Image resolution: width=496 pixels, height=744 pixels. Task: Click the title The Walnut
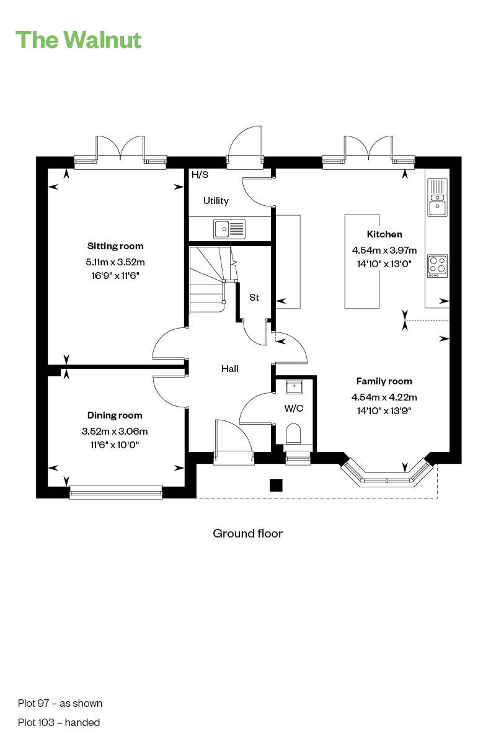point(79,40)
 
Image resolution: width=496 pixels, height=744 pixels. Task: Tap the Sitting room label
point(115,246)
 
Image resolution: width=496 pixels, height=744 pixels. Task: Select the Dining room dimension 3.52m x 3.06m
point(115,432)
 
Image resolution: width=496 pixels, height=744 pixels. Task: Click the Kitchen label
point(384,234)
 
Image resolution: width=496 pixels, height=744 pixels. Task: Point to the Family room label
point(384,381)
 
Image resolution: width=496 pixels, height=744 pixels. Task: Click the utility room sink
point(229,229)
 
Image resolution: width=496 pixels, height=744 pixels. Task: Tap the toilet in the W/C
point(293,433)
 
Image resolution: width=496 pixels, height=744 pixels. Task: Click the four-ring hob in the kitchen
point(437,266)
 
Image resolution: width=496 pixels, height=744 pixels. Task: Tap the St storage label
point(254,298)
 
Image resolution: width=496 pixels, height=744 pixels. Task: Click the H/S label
point(200,175)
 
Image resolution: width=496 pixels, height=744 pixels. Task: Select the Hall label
point(230,369)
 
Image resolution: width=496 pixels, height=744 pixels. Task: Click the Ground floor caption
point(247,533)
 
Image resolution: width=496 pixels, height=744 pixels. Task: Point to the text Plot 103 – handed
point(59,722)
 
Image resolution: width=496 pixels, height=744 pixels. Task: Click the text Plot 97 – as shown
point(60,703)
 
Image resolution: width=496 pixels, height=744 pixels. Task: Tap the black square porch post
point(276,485)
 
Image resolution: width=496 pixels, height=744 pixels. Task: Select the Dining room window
point(116,492)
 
